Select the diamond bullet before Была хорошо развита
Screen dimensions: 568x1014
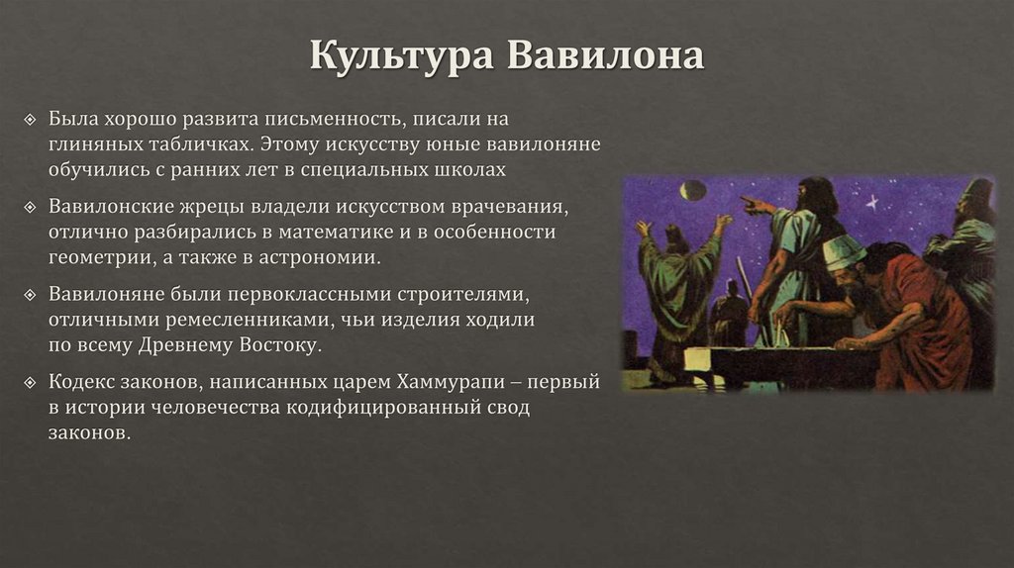(30, 120)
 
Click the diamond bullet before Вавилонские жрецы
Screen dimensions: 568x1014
(30, 208)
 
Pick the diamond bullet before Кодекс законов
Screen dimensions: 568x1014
(30, 382)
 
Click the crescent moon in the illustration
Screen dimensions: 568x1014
(693, 189)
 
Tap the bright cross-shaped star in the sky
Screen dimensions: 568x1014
(871, 202)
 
